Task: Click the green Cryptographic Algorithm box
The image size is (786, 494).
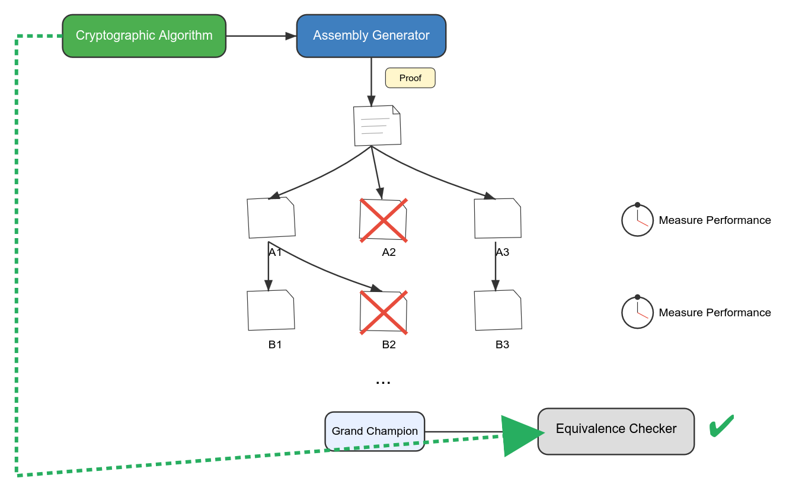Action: pyautogui.click(x=144, y=36)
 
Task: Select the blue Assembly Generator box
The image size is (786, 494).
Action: pyautogui.click(x=371, y=36)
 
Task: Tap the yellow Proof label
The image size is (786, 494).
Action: pyautogui.click(x=410, y=78)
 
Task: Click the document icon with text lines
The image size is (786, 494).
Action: pyautogui.click(x=377, y=126)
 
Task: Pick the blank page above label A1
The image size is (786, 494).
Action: pyautogui.click(x=271, y=217)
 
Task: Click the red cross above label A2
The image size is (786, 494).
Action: pyautogui.click(x=384, y=220)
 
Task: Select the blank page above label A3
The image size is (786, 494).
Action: pyautogui.click(x=498, y=218)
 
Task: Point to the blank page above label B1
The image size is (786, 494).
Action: pyautogui.click(x=271, y=310)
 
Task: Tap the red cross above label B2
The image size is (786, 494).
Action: pyautogui.click(x=384, y=312)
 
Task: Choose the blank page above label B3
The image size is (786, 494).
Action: pyautogui.click(x=498, y=310)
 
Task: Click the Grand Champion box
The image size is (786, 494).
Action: pyautogui.click(x=375, y=431)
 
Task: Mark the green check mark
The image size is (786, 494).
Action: pyautogui.click(x=721, y=426)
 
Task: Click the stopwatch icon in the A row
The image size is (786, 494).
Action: pyautogui.click(x=637, y=220)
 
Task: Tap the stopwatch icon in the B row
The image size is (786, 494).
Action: pyautogui.click(x=637, y=312)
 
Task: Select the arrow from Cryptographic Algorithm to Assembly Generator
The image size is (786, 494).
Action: pyautogui.click(x=261, y=36)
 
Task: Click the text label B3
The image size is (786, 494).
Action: pyautogui.click(x=502, y=345)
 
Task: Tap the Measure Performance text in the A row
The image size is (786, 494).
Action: pyautogui.click(x=715, y=220)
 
